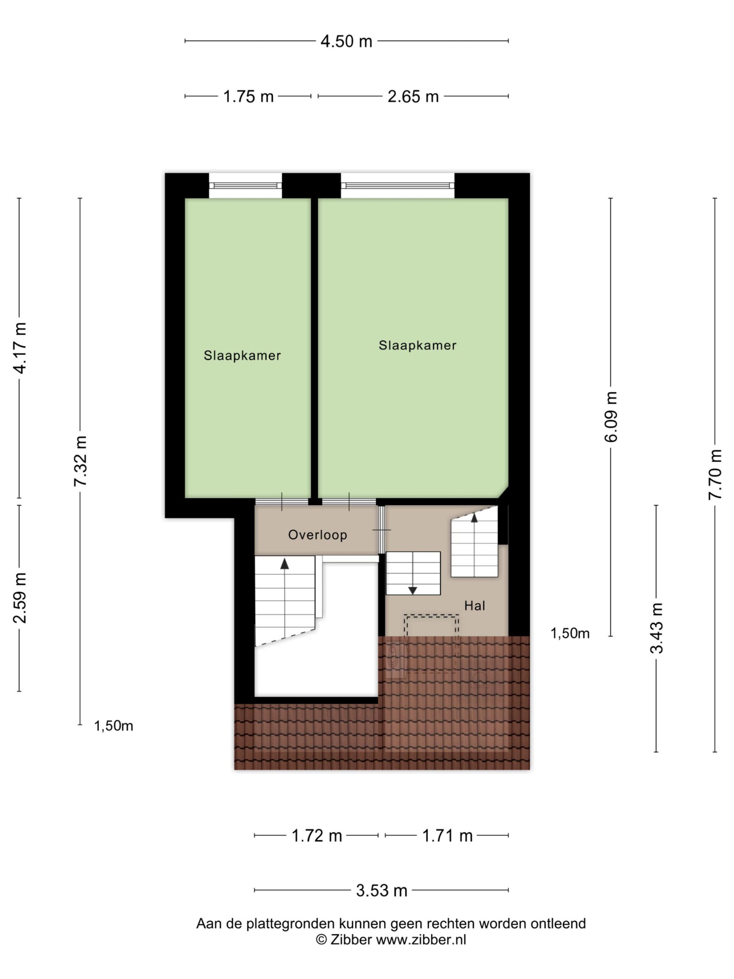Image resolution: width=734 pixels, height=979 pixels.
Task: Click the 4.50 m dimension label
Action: [346, 41]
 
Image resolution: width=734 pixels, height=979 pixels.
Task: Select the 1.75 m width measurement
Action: [248, 96]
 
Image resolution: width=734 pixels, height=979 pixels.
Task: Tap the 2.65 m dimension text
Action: [413, 96]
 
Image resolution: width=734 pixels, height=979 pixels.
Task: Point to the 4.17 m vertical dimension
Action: [20, 348]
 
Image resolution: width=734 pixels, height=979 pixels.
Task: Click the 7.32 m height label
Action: [81, 461]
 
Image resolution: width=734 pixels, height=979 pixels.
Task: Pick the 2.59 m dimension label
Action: [20, 597]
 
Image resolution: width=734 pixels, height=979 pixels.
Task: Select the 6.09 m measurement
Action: [611, 416]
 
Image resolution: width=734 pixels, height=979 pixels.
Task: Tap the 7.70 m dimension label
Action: [715, 475]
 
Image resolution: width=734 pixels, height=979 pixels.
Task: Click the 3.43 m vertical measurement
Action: [656, 628]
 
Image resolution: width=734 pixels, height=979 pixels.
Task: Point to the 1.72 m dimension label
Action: [317, 836]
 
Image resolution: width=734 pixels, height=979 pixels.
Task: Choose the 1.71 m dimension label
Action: [447, 836]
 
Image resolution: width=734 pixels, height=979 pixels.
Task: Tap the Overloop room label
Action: [318, 535]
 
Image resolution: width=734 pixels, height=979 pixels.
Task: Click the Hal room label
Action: [474, 605]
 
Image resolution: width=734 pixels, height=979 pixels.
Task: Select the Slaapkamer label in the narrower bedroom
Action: [242, 355]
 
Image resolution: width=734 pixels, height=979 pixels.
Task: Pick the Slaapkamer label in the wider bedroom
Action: [417, 345]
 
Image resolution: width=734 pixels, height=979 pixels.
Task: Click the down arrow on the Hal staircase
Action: [412, 590]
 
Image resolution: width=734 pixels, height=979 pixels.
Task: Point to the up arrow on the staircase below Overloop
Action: [284, 563]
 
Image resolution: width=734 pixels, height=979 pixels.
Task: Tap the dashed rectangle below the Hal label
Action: [431, 615]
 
